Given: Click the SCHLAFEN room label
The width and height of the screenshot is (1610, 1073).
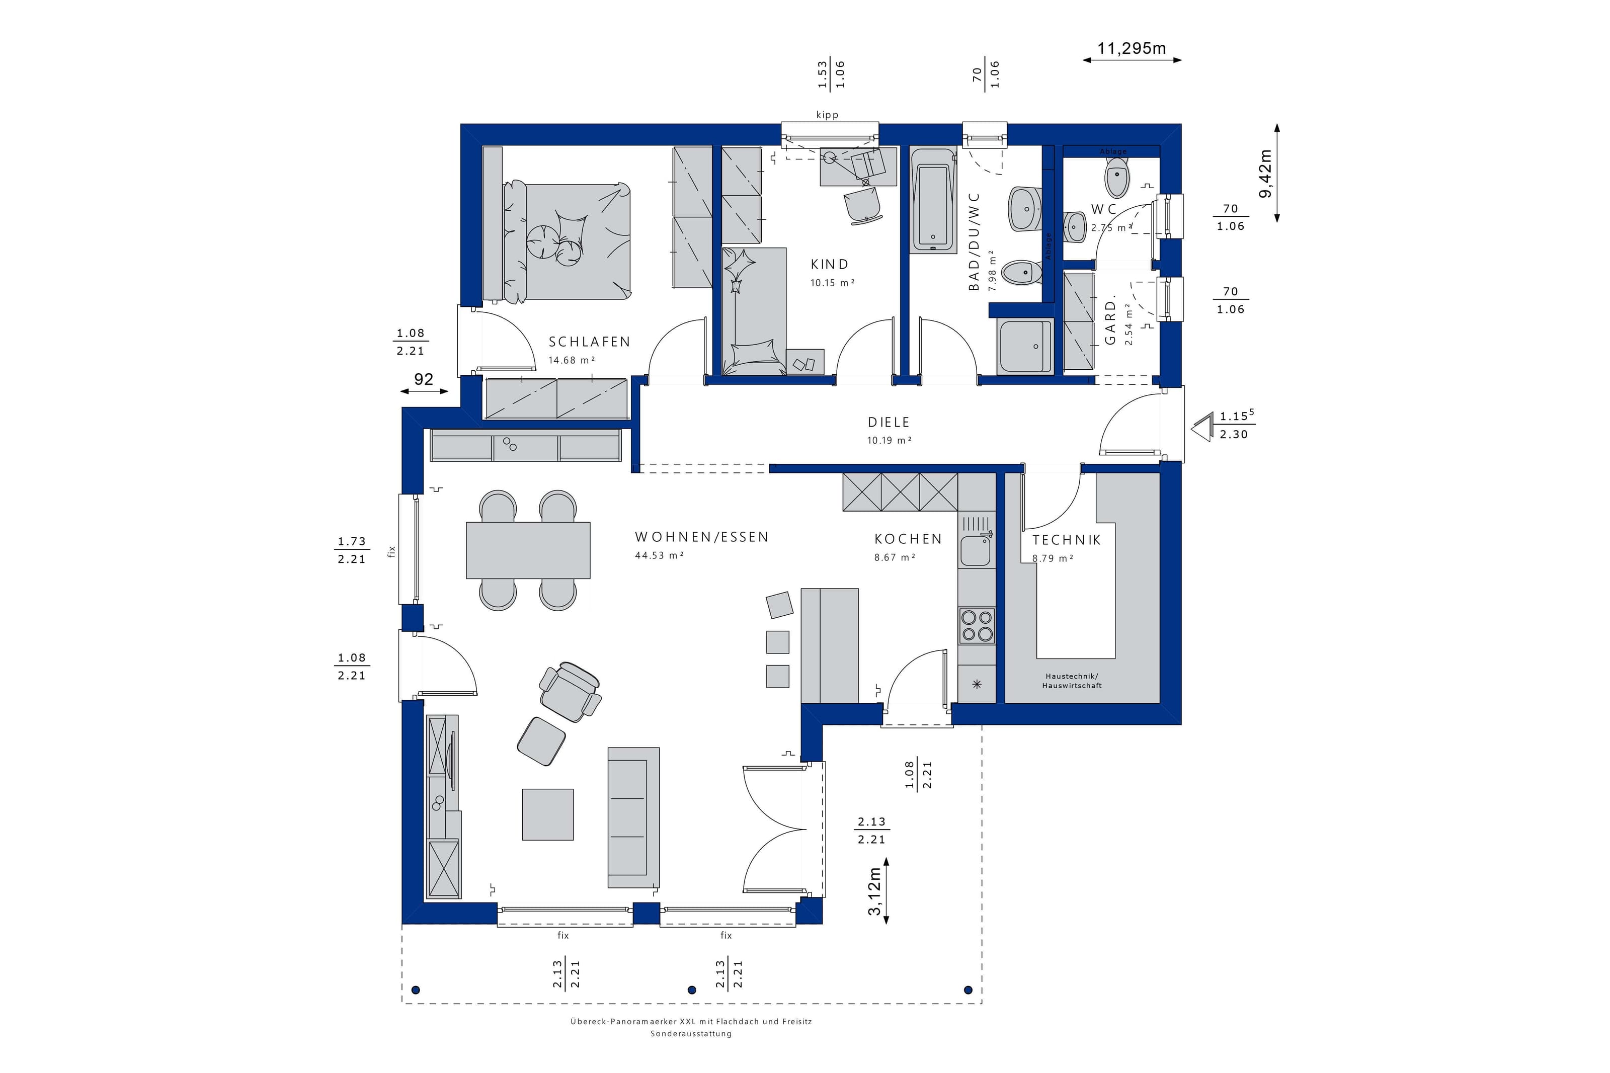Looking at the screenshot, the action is [589, 342].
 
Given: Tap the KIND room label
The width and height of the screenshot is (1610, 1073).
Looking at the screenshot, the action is [829, 264].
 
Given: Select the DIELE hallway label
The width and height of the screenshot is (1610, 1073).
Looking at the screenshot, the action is [889, 422].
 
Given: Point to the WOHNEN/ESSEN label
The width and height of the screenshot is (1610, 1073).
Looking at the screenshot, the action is [702, 537].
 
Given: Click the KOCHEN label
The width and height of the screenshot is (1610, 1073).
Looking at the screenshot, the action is [908, 539].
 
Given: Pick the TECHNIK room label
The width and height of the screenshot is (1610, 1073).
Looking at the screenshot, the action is [1067, 540].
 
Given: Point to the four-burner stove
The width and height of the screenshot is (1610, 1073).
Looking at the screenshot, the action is [977, 625].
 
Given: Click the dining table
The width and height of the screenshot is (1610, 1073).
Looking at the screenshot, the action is [528, 550].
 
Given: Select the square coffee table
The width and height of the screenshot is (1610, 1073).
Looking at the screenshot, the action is [547, 814].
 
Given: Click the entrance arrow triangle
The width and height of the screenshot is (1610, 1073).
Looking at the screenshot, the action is [1201, 430].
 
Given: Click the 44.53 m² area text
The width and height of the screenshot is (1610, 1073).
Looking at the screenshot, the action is [659, 556].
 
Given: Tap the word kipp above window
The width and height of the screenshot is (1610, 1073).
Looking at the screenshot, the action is [827, 115].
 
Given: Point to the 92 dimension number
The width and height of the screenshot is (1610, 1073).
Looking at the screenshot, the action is [424, 379].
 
